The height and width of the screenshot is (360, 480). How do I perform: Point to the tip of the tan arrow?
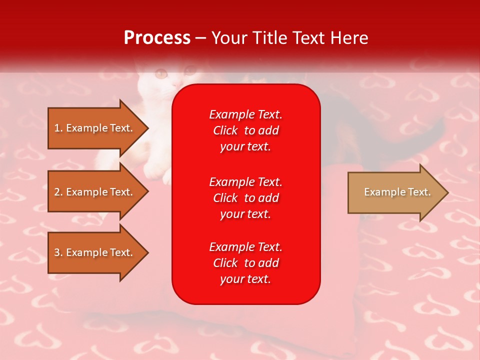(448, 192)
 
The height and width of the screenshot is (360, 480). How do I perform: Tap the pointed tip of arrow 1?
(148, 128)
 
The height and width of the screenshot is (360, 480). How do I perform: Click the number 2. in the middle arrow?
(58, 192)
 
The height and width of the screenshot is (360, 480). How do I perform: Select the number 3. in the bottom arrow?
(58, 252)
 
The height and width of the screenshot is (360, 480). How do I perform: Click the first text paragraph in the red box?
(246, 130)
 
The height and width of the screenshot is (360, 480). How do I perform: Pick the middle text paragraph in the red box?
(246, 198)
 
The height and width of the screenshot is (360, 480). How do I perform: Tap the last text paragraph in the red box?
(246, 263)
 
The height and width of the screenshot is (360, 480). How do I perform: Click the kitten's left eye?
(161, 73)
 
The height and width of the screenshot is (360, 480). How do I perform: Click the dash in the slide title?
(200, 39)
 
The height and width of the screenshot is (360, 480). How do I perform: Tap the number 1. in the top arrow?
(58, 128)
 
